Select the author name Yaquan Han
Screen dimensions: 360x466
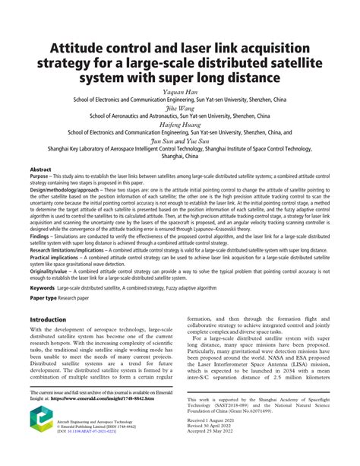click(x=180, y=90)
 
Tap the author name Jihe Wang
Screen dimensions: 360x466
click(x=180, y=108)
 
